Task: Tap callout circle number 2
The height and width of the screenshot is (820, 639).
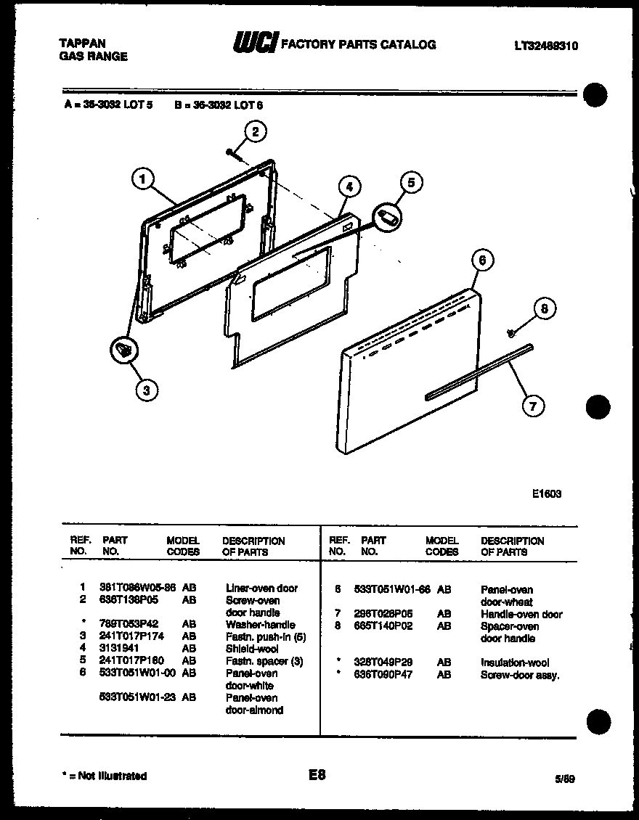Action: coord(254,131)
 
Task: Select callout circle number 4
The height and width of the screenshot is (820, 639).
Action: coord(349,186)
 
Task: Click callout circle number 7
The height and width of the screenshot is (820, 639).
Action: coord(533,406)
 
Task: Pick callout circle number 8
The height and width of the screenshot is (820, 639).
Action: coord(544,308)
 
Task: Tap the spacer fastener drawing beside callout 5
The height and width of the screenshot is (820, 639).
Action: coord(388,216)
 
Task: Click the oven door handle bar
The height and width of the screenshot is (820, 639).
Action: coord(479,371)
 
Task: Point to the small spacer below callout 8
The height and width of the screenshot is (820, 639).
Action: coord(510,332)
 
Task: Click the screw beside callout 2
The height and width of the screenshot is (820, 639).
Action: coord(231,152)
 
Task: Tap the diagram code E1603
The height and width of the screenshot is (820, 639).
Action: coord(546,493)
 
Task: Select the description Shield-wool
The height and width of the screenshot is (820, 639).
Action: coord(252,649)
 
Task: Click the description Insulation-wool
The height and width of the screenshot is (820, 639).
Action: coord(515,663)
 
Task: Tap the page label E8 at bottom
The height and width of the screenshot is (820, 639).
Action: coord(317,775)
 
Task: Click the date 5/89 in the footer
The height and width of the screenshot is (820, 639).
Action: coord(564,779)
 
